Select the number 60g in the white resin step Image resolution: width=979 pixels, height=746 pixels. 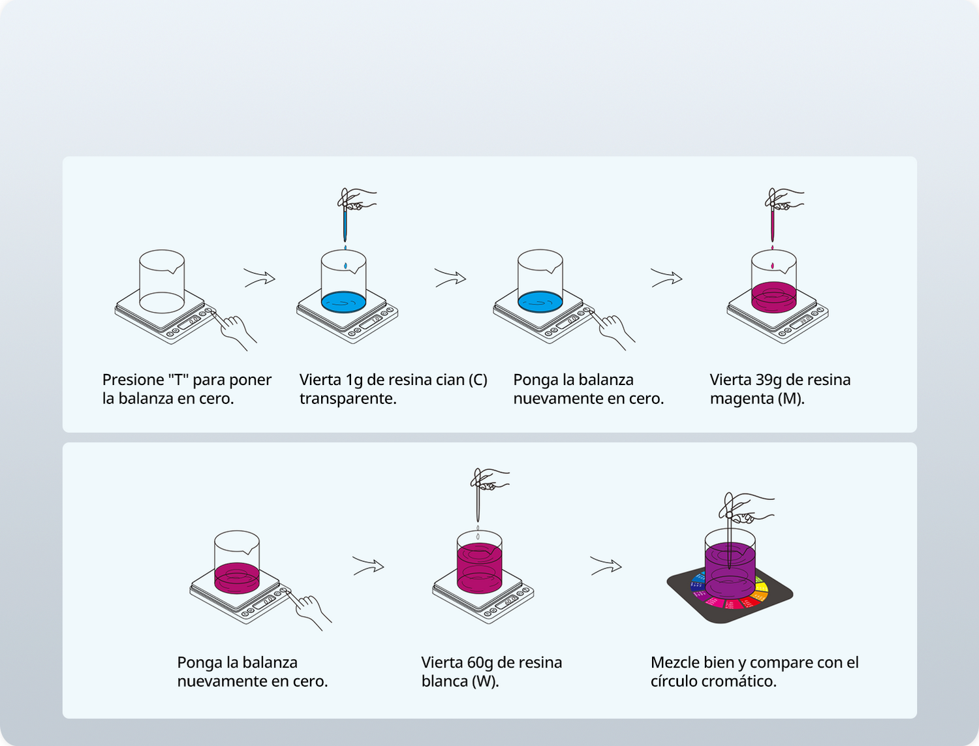click(x=480, y=662)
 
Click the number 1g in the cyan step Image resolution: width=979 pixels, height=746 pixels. click(x=354, y=380)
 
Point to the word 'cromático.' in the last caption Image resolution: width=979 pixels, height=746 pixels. click(x=741, y=681)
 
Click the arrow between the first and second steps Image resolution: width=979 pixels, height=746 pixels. click(x=259, y=278)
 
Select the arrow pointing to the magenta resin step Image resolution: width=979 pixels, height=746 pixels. click(x=666, y=279)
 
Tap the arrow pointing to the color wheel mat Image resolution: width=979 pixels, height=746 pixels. click(x=606, y=566)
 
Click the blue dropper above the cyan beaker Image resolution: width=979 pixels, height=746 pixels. click(x=345, y=222)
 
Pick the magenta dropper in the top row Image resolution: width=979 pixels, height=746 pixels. click(x=773, y=222)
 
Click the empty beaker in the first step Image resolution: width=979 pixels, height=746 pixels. click(x=162, y=281)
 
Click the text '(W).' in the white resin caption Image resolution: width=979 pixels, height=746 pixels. click(x=484, y=681)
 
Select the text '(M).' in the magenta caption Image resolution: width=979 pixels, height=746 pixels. click(x=790, y=399)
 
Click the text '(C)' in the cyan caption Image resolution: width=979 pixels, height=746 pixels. click(x=478, y=380)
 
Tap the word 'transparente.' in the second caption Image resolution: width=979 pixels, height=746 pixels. click(x=348, y=399)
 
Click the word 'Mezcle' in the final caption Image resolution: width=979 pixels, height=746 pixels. click(x=674, y=662)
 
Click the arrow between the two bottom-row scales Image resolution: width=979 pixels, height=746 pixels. click(x=368, y=566)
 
